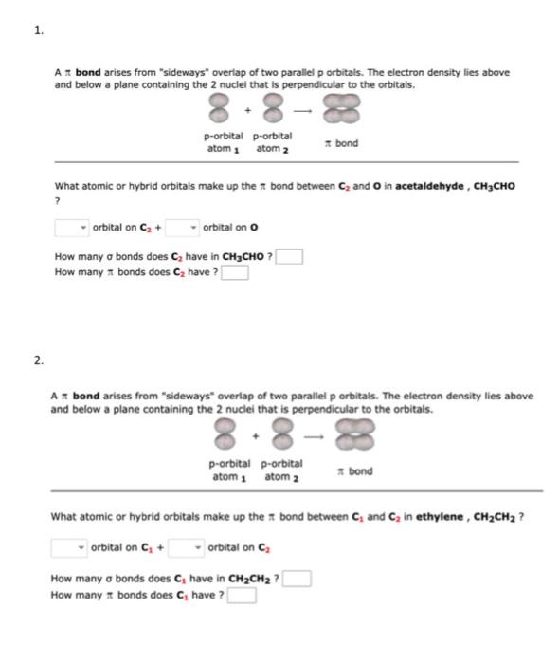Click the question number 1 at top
(38, 30)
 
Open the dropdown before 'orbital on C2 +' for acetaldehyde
(72, 228)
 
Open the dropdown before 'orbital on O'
(182, 228)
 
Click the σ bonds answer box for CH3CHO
(290, 256)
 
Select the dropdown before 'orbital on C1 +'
(70, 546)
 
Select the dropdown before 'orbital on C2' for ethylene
(182, 546)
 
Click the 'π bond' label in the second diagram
(355, 470)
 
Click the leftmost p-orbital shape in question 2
(225, 437)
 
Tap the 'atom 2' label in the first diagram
(272, 149)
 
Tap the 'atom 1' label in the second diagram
(225, 476)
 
